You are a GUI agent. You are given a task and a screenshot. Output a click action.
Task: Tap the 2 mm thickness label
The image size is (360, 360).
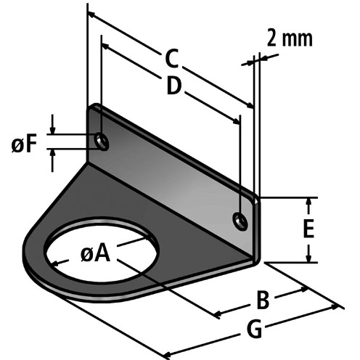click(289, 38)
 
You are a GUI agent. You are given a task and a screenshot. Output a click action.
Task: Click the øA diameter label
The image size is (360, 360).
click(95, 253)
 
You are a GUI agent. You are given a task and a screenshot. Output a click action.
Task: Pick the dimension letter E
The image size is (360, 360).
click(308, 229)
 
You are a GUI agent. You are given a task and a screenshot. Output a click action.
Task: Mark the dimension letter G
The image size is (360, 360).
click(254, 329)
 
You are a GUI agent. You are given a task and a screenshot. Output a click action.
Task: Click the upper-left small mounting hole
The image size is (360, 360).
click(102, 142)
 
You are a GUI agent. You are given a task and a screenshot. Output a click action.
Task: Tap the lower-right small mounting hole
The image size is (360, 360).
click(239, 219)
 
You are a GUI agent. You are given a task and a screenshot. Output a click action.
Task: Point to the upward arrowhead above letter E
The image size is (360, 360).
click(309, 201)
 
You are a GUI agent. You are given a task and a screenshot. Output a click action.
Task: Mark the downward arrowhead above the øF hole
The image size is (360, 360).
click(52, 128)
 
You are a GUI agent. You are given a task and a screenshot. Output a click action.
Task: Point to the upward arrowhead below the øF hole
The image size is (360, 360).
click(52, 155)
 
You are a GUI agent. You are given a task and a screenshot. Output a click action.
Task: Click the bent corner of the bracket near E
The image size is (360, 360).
click(255, 254)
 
